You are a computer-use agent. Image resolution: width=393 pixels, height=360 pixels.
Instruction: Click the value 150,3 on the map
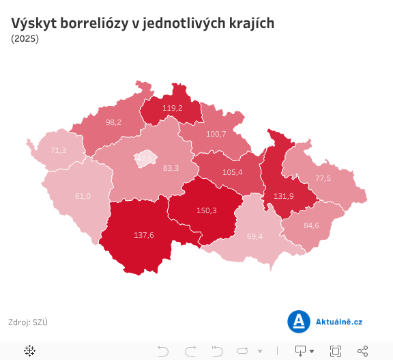(x=206, y=210)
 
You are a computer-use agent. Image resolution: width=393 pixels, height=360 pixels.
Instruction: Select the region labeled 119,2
(x=172, y=108)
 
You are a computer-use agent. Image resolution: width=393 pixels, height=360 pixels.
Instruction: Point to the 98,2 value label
(x=113, y=122)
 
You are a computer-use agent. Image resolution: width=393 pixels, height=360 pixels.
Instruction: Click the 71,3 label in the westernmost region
(x=58, y=150)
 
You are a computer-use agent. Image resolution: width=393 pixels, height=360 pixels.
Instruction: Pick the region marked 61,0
(x=82, y=196)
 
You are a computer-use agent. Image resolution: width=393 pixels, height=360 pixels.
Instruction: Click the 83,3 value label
(x=171, y=168)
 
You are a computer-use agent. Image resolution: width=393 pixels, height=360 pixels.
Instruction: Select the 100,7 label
(x=216, y=134)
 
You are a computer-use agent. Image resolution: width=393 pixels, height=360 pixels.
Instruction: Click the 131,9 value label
(x=284, y=195)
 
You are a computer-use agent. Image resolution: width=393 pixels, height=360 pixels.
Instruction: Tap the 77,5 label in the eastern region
(x=323, y=178)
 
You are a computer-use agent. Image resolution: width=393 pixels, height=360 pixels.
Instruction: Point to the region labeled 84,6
(x=311, y=225)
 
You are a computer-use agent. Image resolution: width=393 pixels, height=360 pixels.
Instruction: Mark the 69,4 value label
(x=255, y=236)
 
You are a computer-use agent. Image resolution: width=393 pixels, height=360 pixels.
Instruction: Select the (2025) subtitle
(x=25, y=39)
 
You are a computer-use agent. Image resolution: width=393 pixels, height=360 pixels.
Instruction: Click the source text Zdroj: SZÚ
(x=28, y=322)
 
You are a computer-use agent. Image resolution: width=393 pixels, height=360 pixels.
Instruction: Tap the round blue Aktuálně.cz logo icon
(x=298, y=321)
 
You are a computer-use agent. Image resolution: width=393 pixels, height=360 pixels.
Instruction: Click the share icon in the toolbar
(x=363, y=350)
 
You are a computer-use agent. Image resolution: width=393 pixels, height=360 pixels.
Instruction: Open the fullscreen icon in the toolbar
(x=335, y=350)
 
